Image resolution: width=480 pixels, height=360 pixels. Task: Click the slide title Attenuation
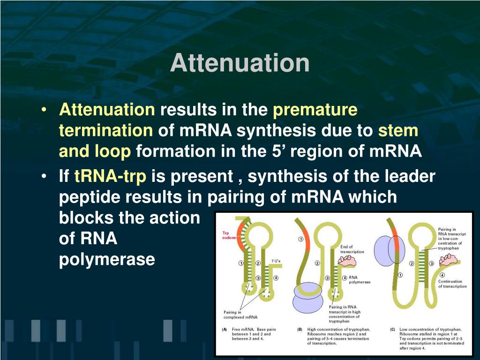click(x=240, y=63)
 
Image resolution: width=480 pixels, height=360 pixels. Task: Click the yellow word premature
click(x=315, y=110)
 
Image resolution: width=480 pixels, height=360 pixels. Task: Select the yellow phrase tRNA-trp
click(x=110, y=177)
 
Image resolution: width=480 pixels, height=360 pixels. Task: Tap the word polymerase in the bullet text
click(x=107, y=259)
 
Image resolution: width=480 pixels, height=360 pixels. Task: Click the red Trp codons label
click(x=229, y=235)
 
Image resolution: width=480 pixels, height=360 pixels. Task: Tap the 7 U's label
click(x=276, y=261)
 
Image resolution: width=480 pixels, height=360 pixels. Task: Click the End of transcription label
click(x=353, y=249)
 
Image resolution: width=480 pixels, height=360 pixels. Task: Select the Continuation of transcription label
click(x=452, y=284)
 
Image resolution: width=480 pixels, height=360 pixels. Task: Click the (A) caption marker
click(x=225, y=330)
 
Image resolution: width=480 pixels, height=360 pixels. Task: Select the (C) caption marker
click(x=393, y=330)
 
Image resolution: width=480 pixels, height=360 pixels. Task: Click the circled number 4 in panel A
click(x=276, y=278)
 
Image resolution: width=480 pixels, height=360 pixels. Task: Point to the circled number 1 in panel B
click(x=300, y=240)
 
